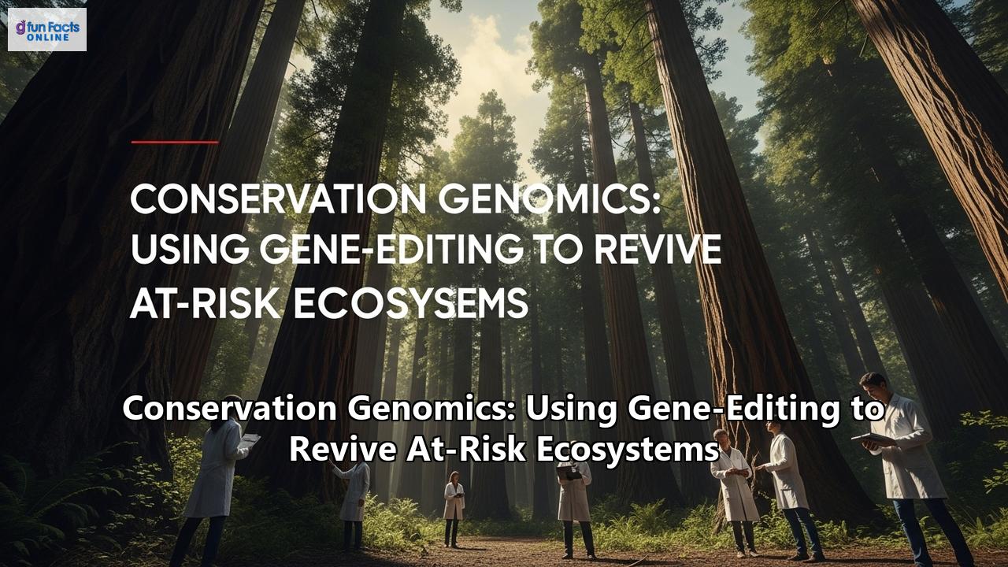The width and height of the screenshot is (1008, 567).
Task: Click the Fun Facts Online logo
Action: click(47, 29)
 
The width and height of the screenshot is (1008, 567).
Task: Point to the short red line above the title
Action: click(175, 143)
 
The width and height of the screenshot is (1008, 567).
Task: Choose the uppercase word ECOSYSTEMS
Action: click(409, 303)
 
